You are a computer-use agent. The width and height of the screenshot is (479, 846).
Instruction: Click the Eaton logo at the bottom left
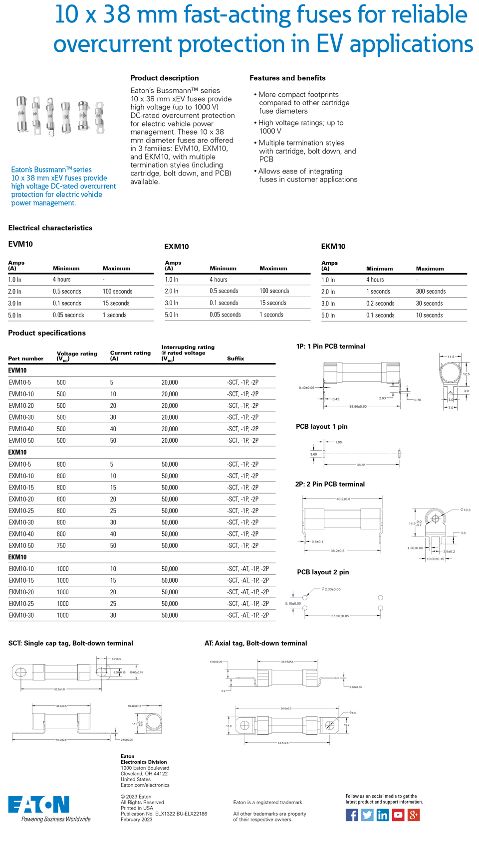[x=39, y=805]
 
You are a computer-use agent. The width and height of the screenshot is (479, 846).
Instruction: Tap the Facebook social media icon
[x=352, y=815]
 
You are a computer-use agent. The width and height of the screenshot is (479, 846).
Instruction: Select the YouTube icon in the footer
[x=398, y=815]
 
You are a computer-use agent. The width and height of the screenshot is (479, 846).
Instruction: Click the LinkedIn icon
[x=383, y=815]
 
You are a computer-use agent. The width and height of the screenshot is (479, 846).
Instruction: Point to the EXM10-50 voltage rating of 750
[x=61, y=546]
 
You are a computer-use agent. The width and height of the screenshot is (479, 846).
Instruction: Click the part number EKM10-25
[x=21, y=604]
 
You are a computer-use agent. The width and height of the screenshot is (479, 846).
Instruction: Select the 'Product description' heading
[x=165, y=78]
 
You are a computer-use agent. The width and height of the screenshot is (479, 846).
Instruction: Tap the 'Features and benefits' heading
[x=287, y=78]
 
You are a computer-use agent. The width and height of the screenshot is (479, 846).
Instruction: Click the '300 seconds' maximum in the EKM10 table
[x=431, y=292]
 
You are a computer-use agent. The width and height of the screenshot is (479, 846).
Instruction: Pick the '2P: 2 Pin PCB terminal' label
[x=330, y=484]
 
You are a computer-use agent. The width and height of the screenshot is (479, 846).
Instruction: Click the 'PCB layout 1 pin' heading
[x=322, y=427]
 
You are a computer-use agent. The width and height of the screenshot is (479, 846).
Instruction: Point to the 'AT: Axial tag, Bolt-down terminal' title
[x=255, y=643]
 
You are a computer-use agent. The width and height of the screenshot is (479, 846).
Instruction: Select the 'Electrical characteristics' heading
[x=50, y=228]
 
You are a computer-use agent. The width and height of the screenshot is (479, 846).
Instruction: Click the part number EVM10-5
[x=20, y=383]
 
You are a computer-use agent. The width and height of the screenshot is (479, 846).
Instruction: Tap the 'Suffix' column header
[x=236, y=358]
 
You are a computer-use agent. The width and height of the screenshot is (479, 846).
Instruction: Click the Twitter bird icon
[x=367, y=815]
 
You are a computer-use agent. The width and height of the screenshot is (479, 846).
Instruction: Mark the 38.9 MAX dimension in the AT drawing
[x=287, y=662]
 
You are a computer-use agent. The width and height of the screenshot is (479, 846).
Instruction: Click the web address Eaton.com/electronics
[x=145, y=785]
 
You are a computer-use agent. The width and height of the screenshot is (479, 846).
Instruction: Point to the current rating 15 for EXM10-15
[x=113, y=488]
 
